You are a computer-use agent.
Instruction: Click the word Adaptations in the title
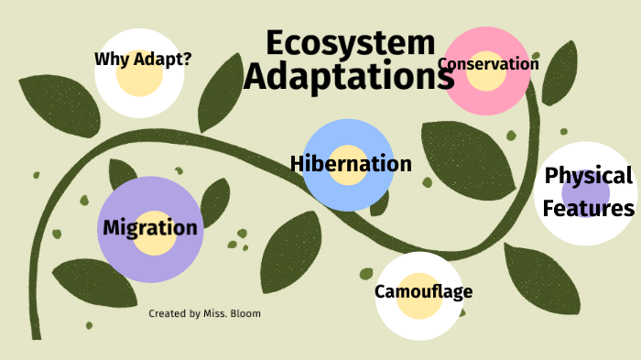pos(349,77)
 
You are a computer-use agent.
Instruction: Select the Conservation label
pos(488,64)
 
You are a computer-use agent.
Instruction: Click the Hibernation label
pos(351,164)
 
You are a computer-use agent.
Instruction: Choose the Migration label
pos(150,227)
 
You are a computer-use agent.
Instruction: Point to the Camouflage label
pos(423,292)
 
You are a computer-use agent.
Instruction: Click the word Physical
pos(589,175)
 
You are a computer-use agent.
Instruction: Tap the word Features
pos(589,209)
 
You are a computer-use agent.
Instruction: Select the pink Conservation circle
pos(486,92)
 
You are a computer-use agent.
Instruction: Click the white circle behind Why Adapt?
pos(139,96)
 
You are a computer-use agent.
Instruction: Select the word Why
pos(110,60)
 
